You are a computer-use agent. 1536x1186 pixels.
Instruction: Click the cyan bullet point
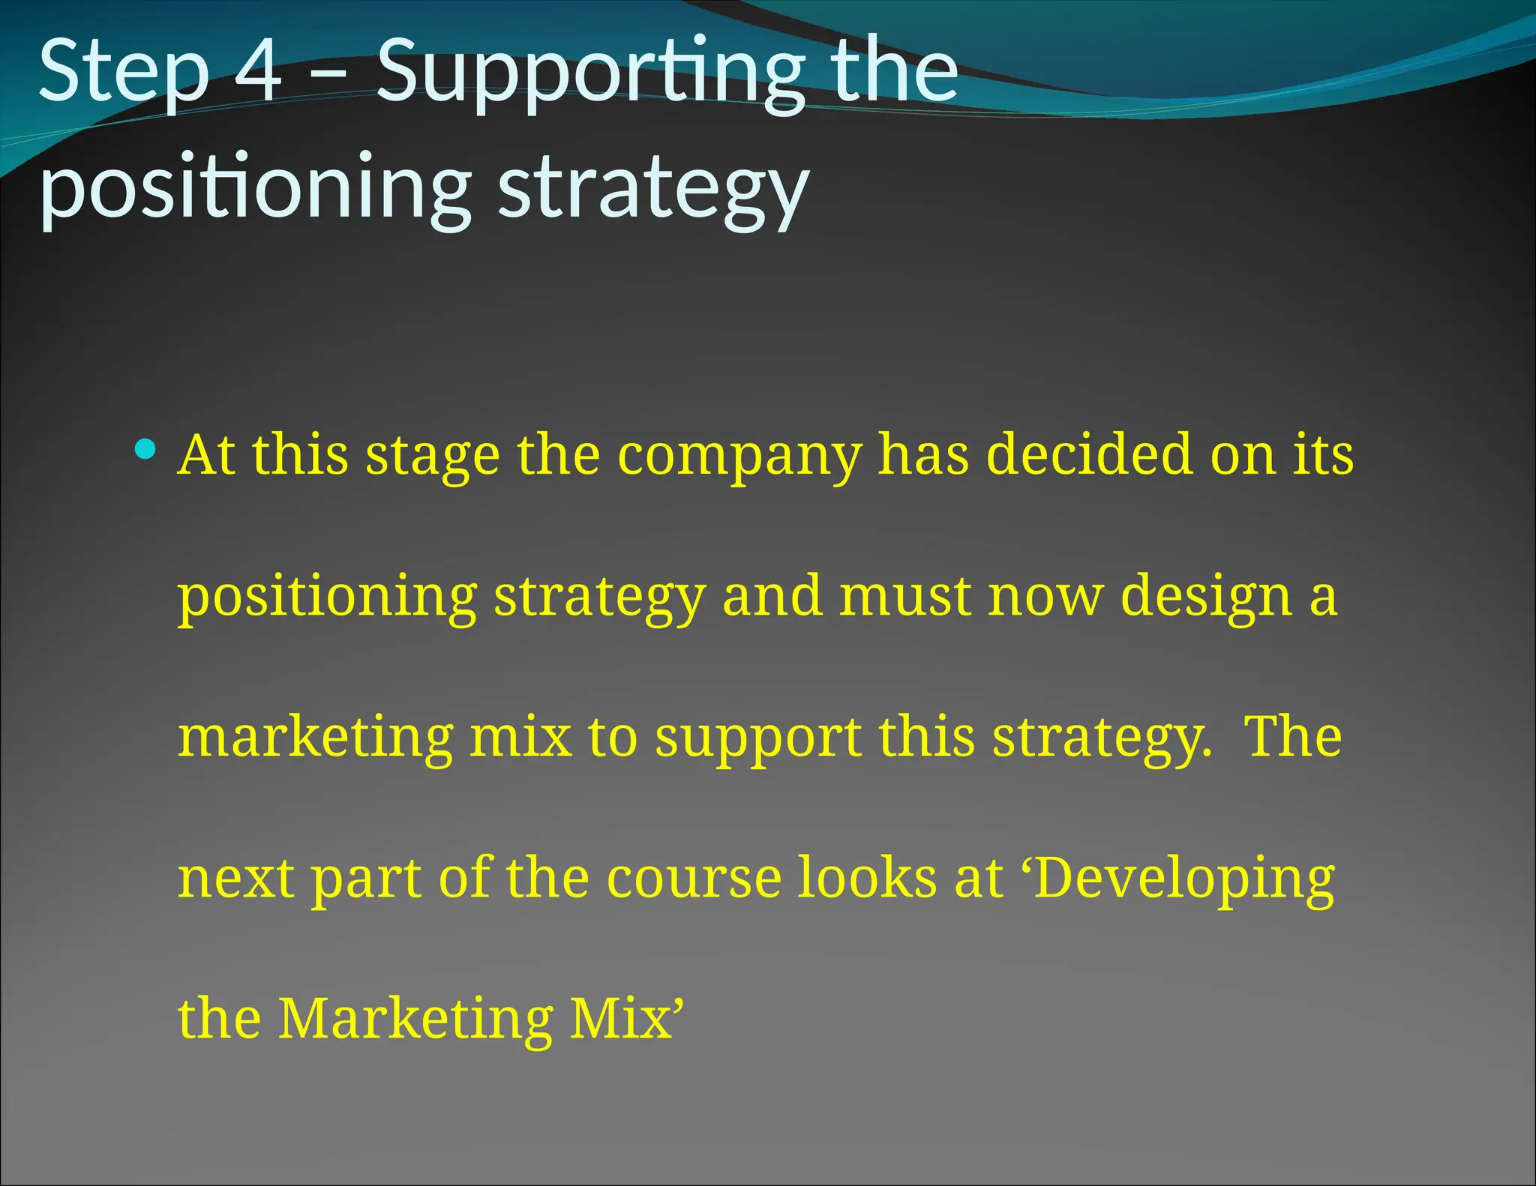coord(145,450)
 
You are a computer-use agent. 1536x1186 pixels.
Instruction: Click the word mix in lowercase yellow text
coord(520,737)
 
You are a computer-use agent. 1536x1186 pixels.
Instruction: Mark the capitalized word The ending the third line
coord(1292,737)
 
